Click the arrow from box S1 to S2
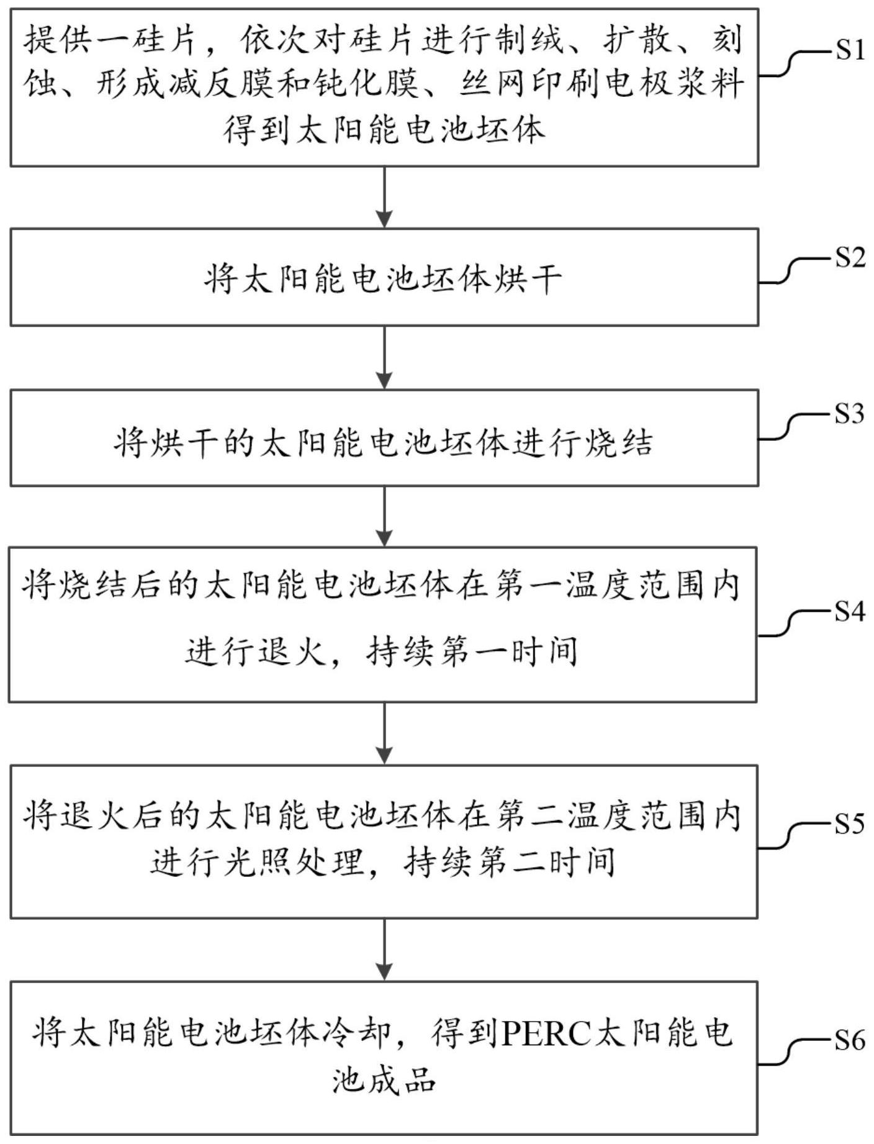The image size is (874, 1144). coord(385,197)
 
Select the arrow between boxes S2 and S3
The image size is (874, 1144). coord(385,357)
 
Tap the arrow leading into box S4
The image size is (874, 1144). coord(385,516)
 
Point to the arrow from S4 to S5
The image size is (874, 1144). coord(385,733)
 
